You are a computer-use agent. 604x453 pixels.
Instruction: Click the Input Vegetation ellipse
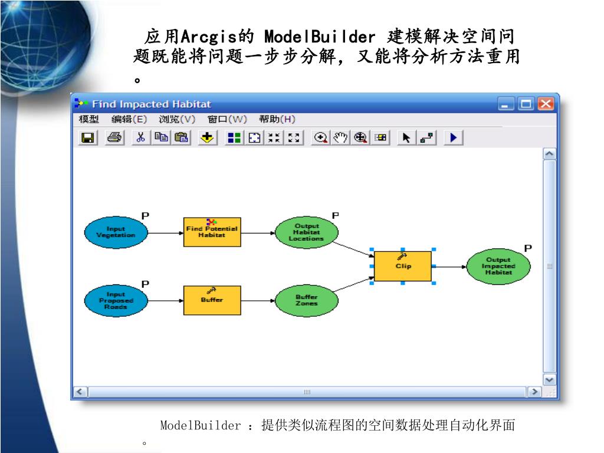(116, 232)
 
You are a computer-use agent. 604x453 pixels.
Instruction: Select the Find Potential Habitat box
(212, 232)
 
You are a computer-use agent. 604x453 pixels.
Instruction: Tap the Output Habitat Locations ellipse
(307, 232)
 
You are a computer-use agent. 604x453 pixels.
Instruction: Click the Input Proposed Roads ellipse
(116, 300)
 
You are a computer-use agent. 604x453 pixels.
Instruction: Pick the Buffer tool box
(212, 300)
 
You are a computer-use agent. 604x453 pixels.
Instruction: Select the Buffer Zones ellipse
(307, 300)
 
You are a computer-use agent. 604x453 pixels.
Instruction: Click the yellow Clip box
(403, 266)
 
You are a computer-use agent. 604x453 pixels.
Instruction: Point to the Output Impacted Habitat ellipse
(498, 266)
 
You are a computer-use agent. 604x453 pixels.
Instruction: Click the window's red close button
(546, 104)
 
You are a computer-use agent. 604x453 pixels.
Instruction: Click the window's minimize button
(507, 104)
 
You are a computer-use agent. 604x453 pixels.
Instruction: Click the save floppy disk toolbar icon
(88, 138)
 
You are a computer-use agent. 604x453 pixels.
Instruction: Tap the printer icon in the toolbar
(114, 138)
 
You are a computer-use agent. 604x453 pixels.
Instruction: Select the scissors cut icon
(140, 138)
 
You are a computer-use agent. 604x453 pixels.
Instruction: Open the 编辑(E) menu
(129, 120)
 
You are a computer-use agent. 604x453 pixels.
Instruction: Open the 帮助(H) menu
(277, 120)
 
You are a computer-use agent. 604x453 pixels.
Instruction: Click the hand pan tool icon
(340, 138)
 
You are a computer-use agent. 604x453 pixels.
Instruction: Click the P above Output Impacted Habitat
(528, 248)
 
